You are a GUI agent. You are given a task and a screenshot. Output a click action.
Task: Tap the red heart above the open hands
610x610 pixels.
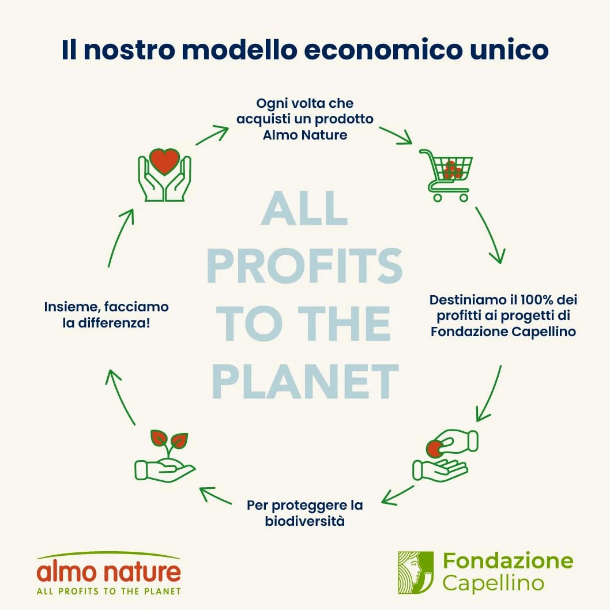[x=164, y=161]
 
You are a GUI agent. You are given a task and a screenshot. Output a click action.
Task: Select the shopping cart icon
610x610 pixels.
[x=446, y=175]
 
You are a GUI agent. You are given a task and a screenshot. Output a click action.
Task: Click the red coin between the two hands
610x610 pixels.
[x=435, y=449]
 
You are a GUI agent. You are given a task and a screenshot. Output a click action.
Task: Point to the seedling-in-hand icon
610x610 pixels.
[x=165, y=456]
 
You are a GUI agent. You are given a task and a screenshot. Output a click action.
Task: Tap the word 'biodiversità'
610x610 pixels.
[x=304, y=521]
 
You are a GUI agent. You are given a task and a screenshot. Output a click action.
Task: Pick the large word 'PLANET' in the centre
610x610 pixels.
[x=306, y=381]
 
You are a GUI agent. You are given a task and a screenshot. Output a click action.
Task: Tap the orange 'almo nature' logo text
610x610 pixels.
[x=109, y=572]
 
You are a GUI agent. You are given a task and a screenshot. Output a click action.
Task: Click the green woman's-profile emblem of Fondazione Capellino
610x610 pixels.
[x=416, y=573]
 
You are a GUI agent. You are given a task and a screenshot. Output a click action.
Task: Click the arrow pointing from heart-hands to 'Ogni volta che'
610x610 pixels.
[x=212, y=134]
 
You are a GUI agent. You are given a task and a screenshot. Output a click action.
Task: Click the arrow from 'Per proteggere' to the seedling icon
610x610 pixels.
[x=215, y=495]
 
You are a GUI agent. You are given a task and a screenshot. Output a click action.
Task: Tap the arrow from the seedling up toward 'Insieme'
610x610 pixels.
[x=119, y=396]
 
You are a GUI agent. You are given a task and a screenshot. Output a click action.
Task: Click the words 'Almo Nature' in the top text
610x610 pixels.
[x=305, y=135]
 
